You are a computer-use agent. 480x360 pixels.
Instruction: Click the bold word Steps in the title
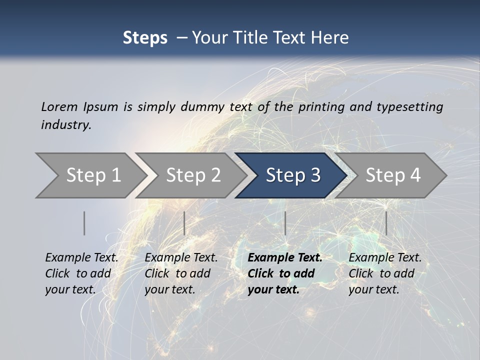tap(145, 38)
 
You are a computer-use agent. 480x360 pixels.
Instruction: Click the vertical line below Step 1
tap(84, 223)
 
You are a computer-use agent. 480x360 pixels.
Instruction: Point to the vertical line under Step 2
tap(184, 223)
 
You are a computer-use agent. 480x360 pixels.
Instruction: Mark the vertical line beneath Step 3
tap(285, 223)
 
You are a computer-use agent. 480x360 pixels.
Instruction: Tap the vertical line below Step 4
tap(386, 223)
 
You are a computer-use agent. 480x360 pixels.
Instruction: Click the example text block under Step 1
tap(81, 273)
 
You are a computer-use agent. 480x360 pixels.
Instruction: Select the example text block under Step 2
tap(181, 273)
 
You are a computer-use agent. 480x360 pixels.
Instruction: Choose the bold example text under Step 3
tap(285, 273)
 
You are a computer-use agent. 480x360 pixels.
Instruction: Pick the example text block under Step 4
tap(385, 273)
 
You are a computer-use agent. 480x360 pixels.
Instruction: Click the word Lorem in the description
tap(59, 107)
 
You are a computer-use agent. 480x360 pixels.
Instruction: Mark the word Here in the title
tap(332, 38)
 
